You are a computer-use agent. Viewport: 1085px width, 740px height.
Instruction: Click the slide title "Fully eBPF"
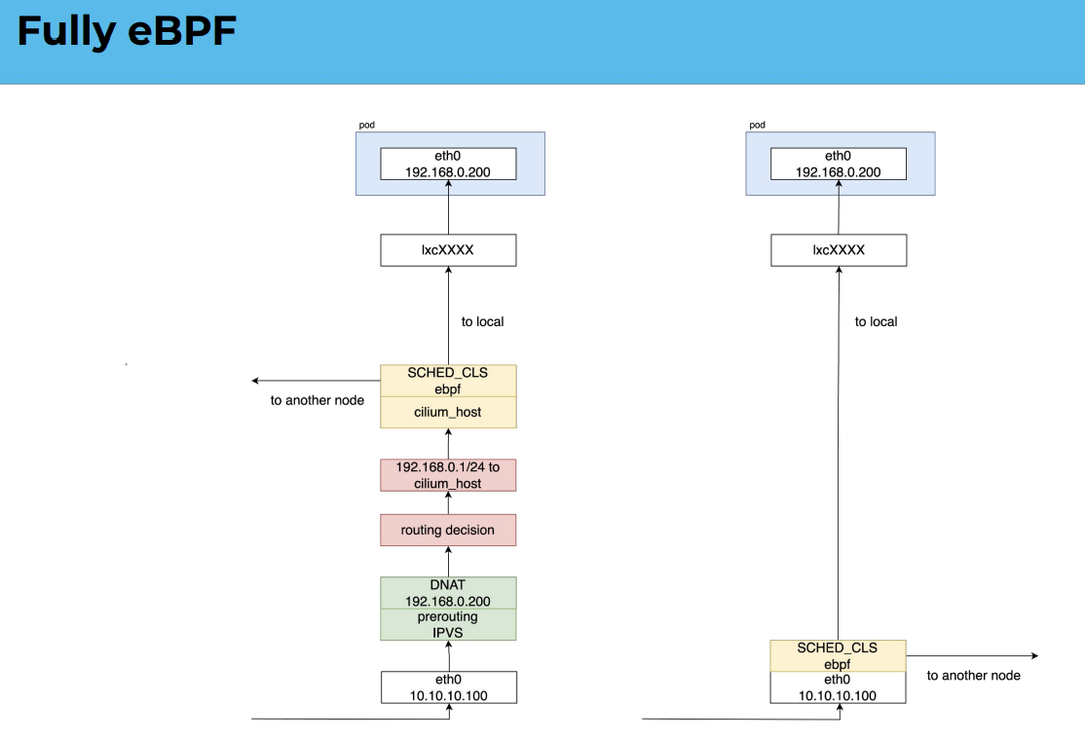[x=127, y=32]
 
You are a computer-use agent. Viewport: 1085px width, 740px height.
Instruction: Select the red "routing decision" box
[x=448, y=530]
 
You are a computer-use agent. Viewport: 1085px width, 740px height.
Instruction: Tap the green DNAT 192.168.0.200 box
[x=448, y=593]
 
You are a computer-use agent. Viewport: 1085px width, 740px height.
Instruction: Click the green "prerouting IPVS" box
[x=448, y=624]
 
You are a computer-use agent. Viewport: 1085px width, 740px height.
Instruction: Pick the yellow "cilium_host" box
[x=448, y=412]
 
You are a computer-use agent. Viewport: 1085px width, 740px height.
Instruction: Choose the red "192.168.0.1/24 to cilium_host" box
[x=448, y=475]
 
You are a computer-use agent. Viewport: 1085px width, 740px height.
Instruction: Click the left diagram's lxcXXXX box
[x=448, y=249]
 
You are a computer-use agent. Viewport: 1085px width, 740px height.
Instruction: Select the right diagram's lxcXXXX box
[x=839, y=249]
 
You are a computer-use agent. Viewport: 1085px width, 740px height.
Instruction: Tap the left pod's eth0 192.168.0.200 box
[x=448, y=164]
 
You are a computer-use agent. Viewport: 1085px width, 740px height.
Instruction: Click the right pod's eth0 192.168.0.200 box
[x=838, y=164]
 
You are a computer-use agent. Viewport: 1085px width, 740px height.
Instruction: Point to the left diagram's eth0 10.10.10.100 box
[x=448, y=687]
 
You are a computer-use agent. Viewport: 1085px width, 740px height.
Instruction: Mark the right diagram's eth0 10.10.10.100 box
[x=838, y=687]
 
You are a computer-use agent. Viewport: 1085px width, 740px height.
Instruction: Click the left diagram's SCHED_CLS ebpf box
[x=448, y=381]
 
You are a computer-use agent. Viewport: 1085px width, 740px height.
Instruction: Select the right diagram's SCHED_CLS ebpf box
[x=838, y=655]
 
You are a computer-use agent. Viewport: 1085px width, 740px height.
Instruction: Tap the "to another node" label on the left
[x=317, y=400]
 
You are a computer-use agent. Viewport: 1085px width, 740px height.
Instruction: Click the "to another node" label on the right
[x=974, y=676]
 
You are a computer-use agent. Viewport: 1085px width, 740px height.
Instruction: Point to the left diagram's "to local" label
[x=482, y=321]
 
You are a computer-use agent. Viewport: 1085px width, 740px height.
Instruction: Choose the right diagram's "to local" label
[x=876, y=321]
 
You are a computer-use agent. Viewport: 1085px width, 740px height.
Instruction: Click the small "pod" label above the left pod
[x=367, y=126]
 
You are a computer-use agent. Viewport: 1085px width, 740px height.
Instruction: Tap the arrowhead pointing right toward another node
[x=1035, y=655]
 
